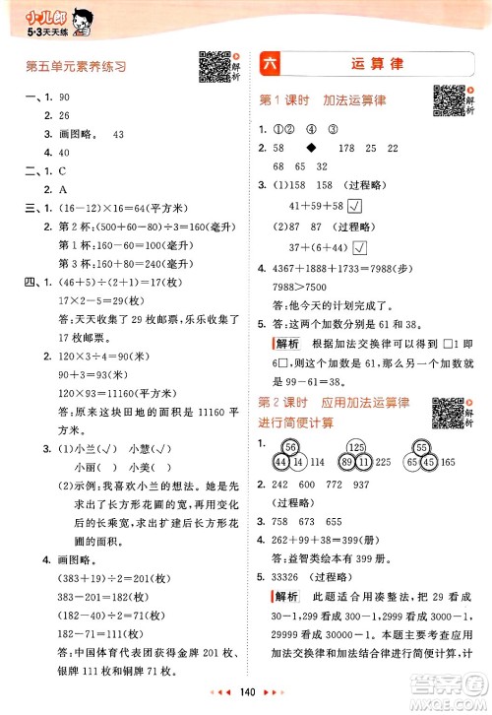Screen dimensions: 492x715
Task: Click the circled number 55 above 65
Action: tap(421, 446)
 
